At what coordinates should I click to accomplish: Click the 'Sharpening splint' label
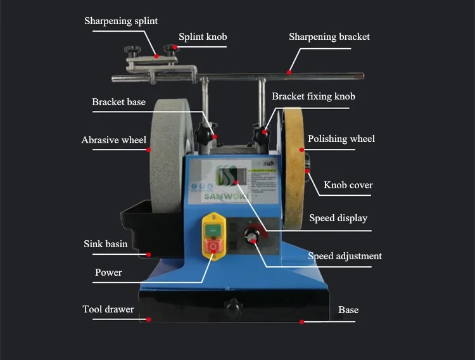(x=121, y=21)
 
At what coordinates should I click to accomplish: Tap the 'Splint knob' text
(x=203, y=37)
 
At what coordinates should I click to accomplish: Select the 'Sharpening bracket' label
(x=329, y=37)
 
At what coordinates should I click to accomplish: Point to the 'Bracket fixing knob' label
(x=313, y=96)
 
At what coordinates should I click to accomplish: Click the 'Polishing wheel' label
(x=341, y=139)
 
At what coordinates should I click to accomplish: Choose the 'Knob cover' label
(x=348, y=185)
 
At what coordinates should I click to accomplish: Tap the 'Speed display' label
(x=338, y=218)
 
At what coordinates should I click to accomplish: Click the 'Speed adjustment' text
(x=345, y=256)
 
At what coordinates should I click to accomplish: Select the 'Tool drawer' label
(x=108, y=309)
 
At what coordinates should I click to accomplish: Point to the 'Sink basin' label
(x=106, y=243)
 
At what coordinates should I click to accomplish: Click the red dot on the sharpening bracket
(x=289, y=72)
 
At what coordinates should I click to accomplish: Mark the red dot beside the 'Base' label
(x=301, y=321)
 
